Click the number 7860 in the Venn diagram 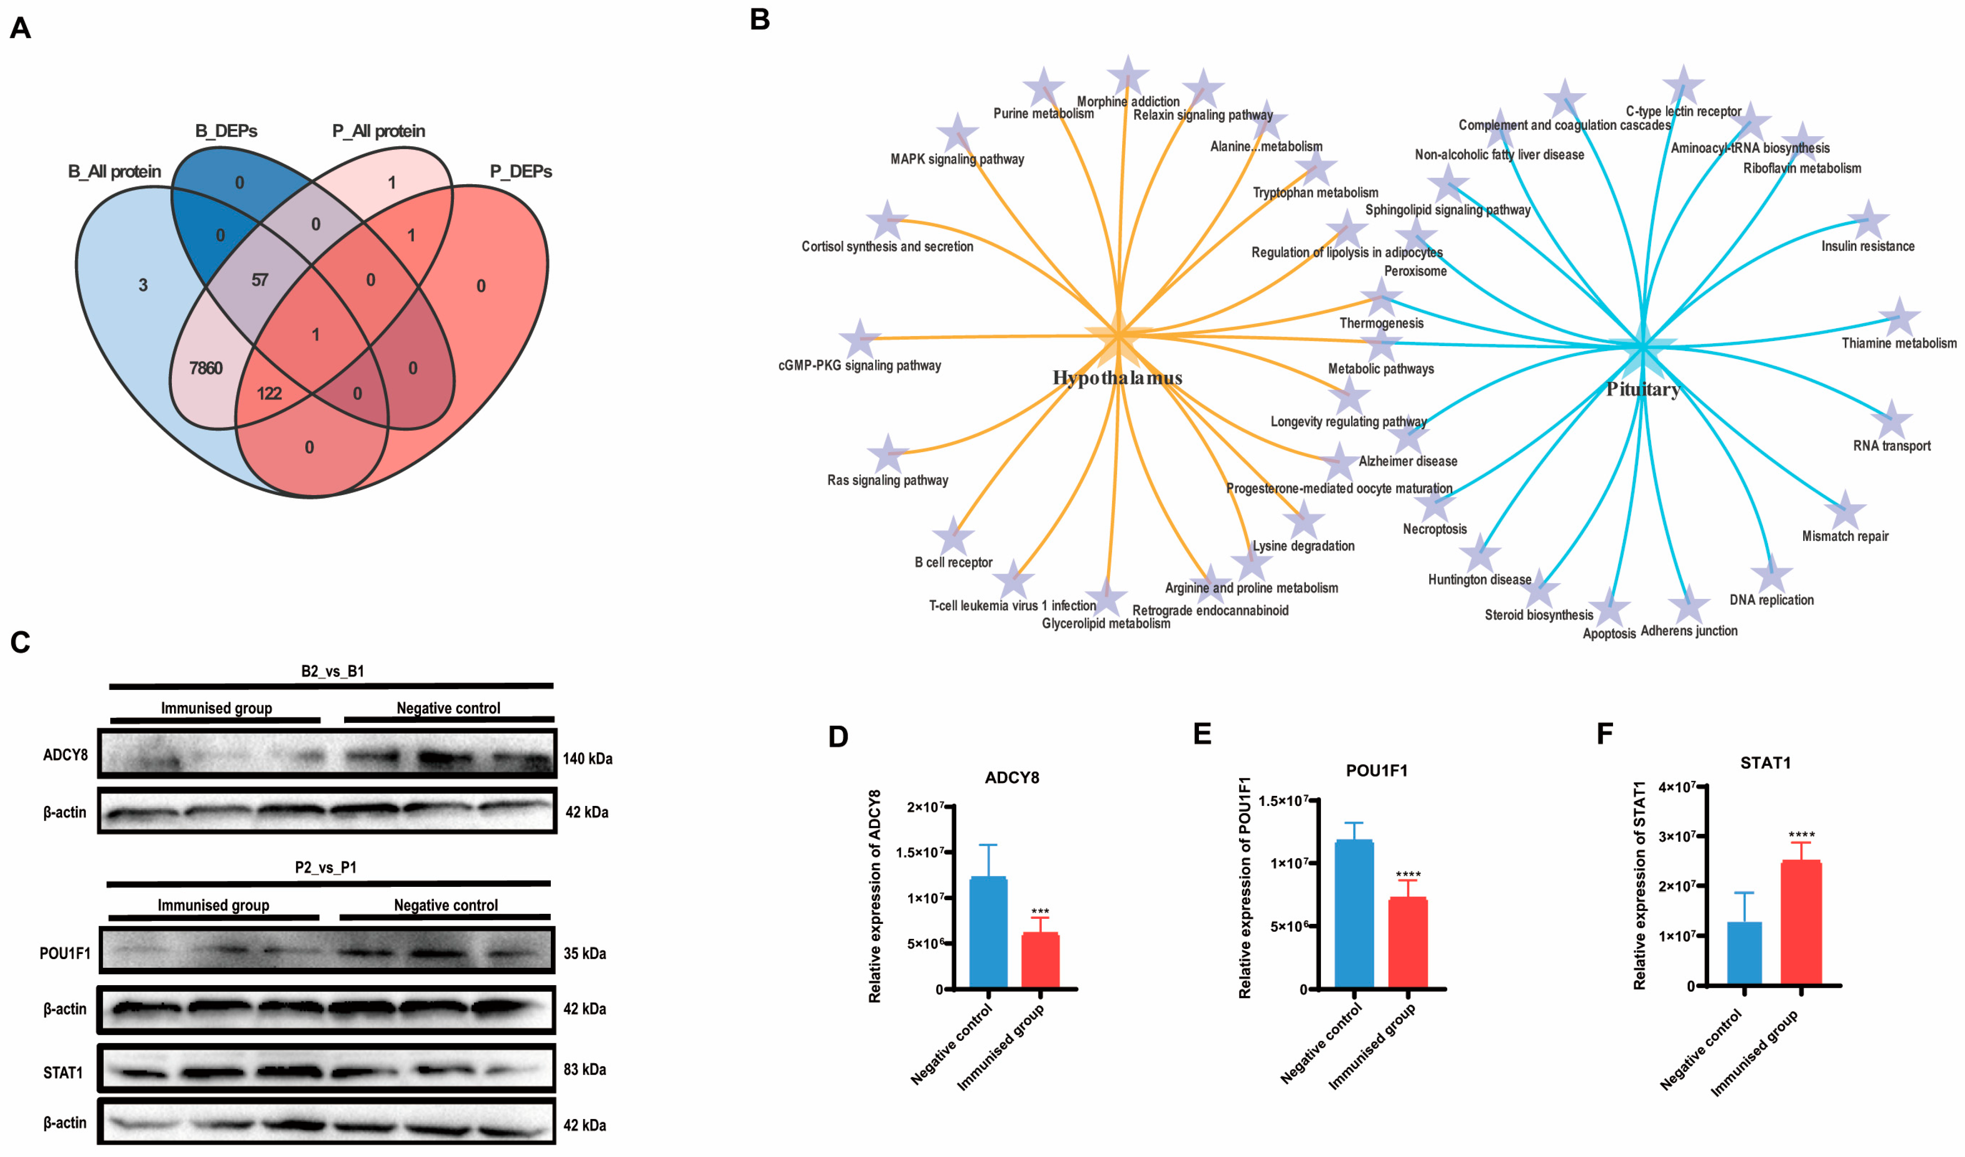(206, 368)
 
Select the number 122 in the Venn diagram (269, 393)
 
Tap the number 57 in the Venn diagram (260, 280)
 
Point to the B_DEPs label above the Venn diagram (226, 131)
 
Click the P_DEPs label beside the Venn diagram (521, 171)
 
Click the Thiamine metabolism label (1899, 343)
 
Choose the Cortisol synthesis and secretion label (887, 246)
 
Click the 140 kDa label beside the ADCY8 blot (588, 758)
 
